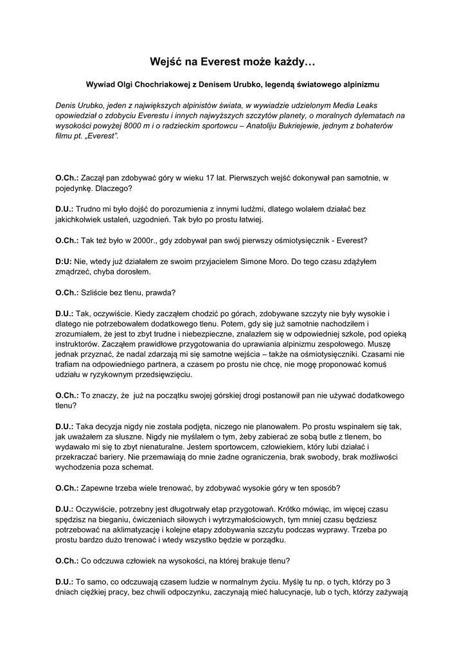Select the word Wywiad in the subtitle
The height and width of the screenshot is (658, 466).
(103, 84)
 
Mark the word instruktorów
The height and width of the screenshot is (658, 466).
(78, 344)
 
